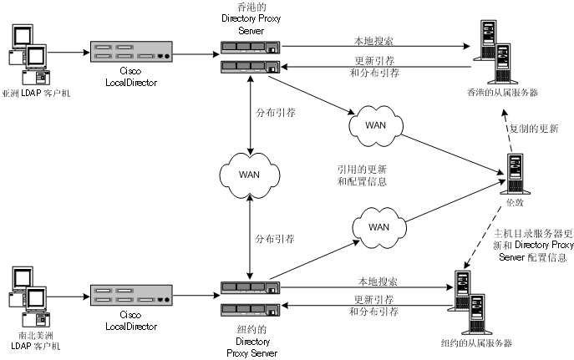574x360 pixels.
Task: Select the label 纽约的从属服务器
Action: (476, 343)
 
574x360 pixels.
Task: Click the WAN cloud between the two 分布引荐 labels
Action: (247, 175)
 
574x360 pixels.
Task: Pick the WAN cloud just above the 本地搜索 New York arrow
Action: (378, 226)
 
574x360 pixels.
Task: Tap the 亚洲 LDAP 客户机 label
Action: (37, 94)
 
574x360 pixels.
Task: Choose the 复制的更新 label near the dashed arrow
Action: (534, 129)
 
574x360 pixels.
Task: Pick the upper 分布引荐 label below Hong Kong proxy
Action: (277, 111)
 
